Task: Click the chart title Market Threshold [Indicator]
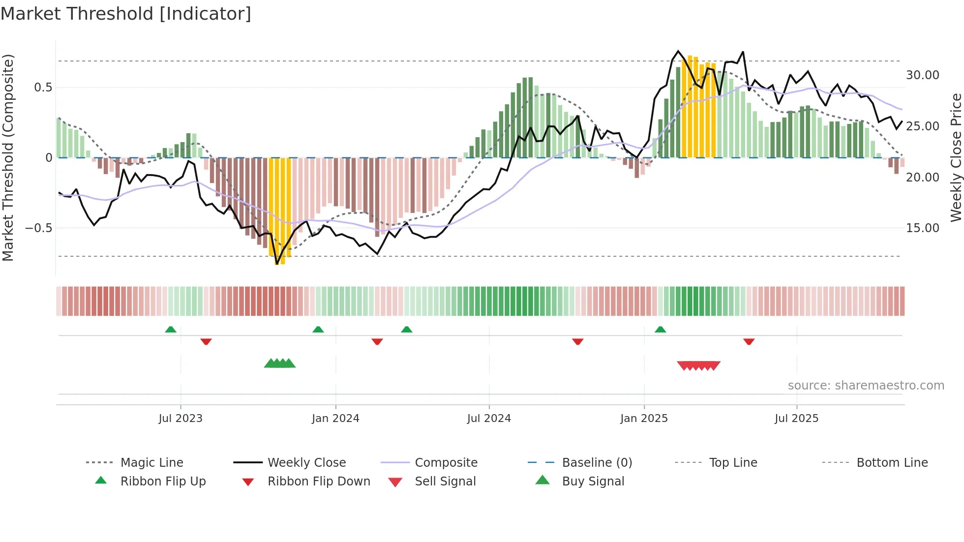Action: pyautogui.click(x=126, y=14)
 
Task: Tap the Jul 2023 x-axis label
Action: pyautogui.click(x=181, y=418)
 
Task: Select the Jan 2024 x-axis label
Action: pyautogui.click(x=335, y=418)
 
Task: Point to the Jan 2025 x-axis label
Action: pyautogui.click(x=644, y=418)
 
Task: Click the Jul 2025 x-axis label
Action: pyautogui.click(x=796, y=418)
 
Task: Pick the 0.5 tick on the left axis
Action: pyautogui.click(x=43, y=88)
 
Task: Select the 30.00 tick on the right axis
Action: pyautogui.click(x=922, y=75)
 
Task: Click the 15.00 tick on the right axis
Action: pyautogui.click(x=922, y=228)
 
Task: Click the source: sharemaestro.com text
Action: pyautogui.click(x=866, y=386)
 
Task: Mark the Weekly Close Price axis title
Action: pyautogui.click(x=956, y=157)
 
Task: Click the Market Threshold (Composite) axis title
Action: pyautogui.click(x=8, y=157)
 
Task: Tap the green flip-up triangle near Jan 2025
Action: pyautogui.click(x=660, y=330)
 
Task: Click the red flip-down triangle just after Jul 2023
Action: pyautogui.click(x=206, y=341)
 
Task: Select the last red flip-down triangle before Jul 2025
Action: pyautogui.click(x=749, y=341)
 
